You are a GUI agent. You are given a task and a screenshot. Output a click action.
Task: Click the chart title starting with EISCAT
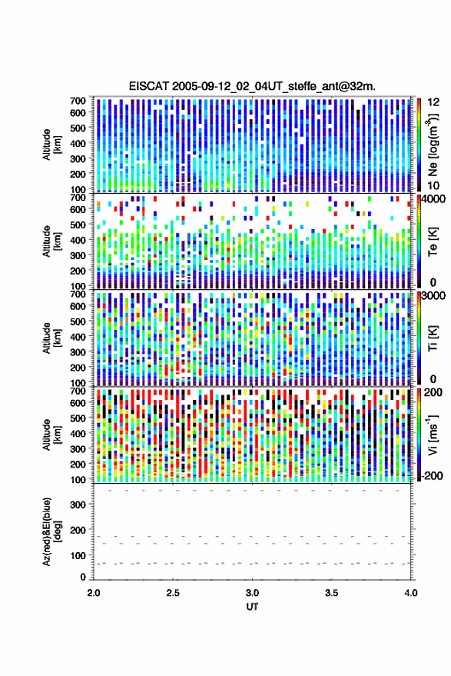point(252,86)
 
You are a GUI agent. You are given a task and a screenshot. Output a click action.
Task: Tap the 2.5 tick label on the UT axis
point(173,593)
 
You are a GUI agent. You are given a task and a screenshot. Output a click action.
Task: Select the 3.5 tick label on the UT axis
point(331,593)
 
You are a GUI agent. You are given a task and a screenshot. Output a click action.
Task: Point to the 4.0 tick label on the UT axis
point(411,593)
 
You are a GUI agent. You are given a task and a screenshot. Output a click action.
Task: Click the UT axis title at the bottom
point(253,607)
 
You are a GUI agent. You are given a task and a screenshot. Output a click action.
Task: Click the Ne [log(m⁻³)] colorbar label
point(433,145)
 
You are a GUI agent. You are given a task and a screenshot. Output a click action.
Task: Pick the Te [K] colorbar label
point(433,241)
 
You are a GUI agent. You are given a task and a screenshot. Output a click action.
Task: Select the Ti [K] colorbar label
point(433,338)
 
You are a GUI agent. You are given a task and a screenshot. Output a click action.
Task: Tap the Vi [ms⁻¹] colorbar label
point(433,435)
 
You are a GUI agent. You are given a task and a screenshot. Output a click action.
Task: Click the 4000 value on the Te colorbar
point(433,199)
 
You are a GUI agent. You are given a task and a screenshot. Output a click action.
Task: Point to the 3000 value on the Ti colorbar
point(433,296)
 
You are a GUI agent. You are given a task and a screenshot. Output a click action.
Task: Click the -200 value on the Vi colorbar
point(432,475)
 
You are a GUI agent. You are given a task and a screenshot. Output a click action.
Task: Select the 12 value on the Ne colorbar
point(434,102)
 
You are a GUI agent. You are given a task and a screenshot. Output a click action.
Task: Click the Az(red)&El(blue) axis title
point(51,531)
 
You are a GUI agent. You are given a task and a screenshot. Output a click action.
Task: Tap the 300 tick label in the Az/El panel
point(78,505)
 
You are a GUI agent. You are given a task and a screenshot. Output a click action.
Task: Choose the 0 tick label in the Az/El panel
point(83,577)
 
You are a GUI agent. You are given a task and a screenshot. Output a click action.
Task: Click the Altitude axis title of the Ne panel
point(51,145)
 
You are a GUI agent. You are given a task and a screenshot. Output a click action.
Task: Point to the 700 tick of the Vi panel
point(78,391)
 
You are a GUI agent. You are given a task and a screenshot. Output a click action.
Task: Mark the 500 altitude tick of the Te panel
point(78,225)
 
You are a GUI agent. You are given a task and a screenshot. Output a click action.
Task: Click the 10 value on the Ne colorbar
point(434,185)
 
